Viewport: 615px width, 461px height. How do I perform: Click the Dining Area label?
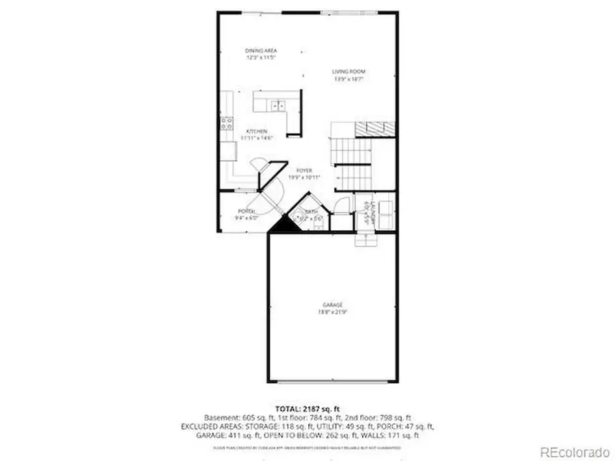point(260,51)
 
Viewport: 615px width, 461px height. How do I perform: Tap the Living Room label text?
point(349,72)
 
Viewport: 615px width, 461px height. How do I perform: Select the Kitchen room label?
point(256,131)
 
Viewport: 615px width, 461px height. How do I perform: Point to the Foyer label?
point(304,171)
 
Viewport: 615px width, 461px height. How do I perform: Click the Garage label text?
point(333,305)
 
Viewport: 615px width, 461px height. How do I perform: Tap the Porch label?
point(247,211)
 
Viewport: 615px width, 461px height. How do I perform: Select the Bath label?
point(311,212)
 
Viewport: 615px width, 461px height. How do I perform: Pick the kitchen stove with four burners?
point(225,124)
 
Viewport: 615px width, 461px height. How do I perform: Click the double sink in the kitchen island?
point(277,106)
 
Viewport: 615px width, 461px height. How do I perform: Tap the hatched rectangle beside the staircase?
point(373,128)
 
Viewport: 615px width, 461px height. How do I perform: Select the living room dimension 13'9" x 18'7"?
point(348,79)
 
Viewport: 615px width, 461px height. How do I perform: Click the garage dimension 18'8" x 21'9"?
point(333,312)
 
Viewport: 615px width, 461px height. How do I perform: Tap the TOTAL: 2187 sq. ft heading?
point(306,408)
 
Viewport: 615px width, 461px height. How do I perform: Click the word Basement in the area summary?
point(220,417)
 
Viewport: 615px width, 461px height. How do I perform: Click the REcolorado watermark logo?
point(574,451)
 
